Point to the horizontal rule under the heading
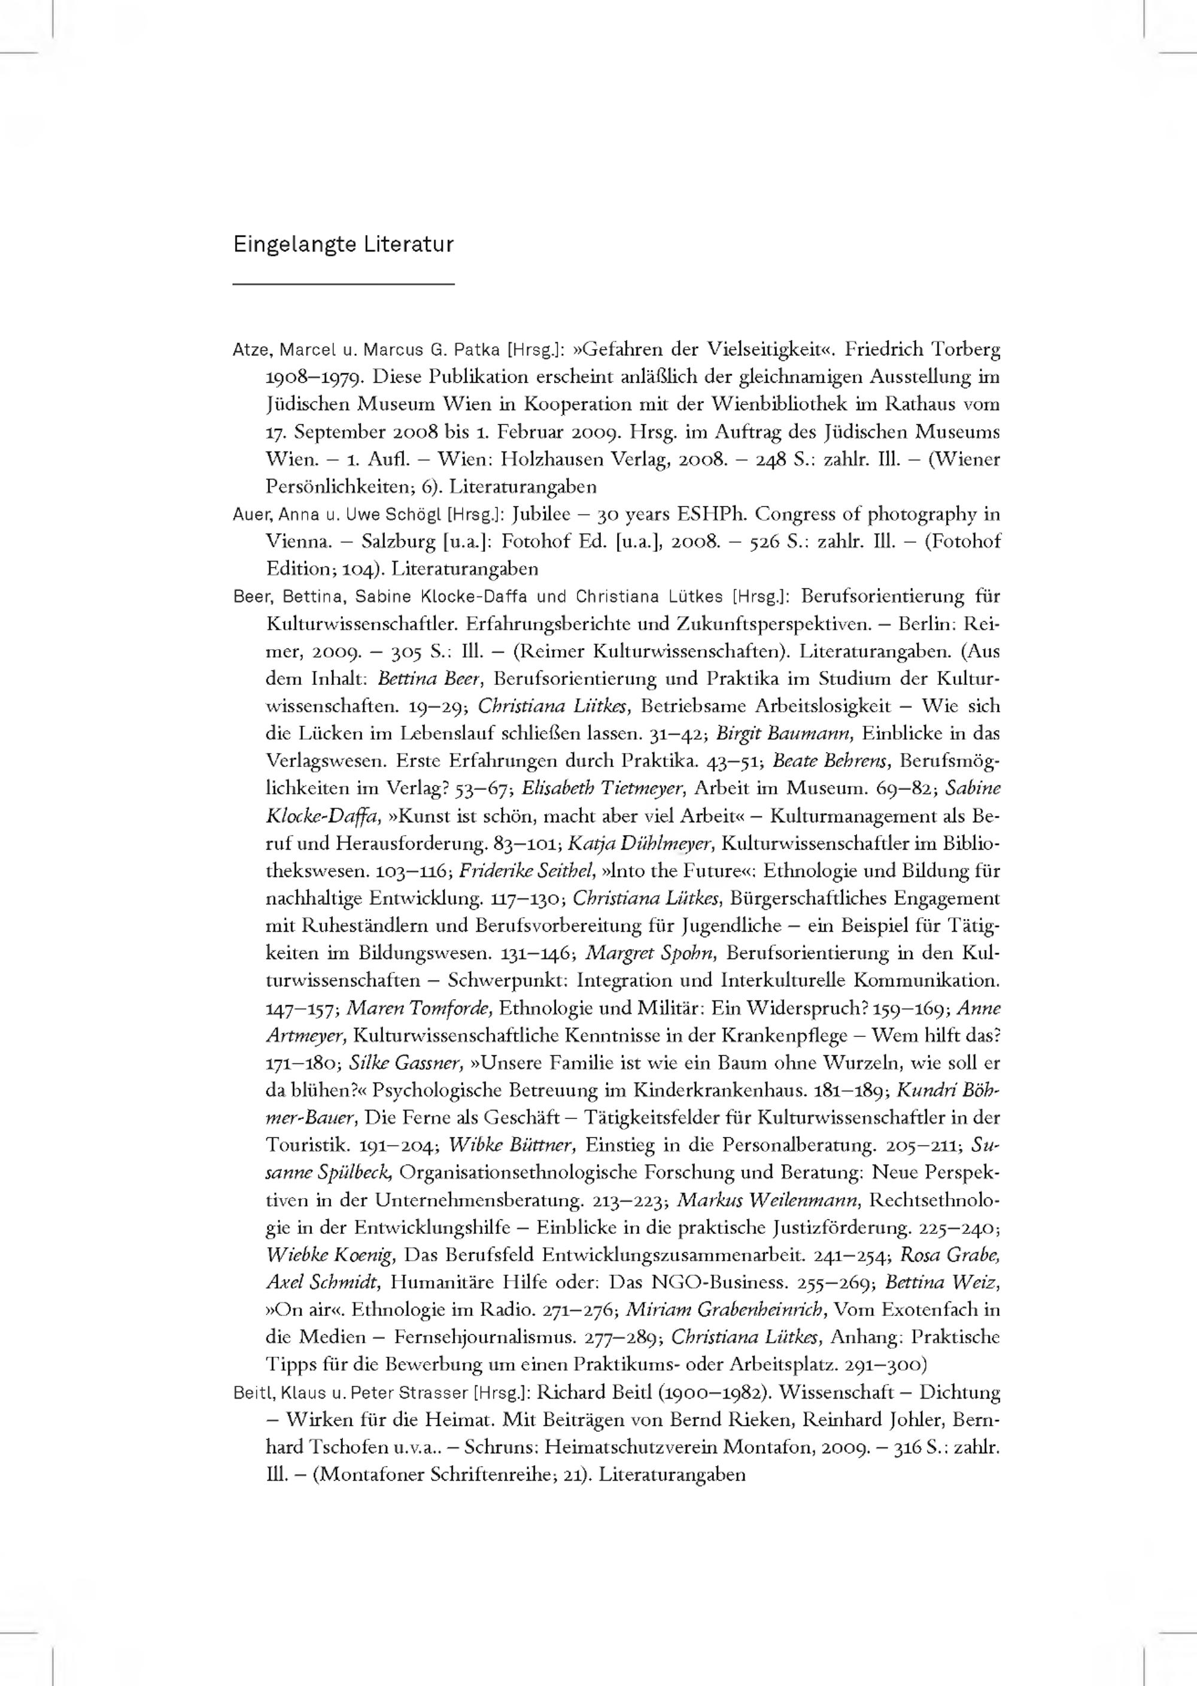click(x=343, y=284)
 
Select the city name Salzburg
click(x=399, y=542)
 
